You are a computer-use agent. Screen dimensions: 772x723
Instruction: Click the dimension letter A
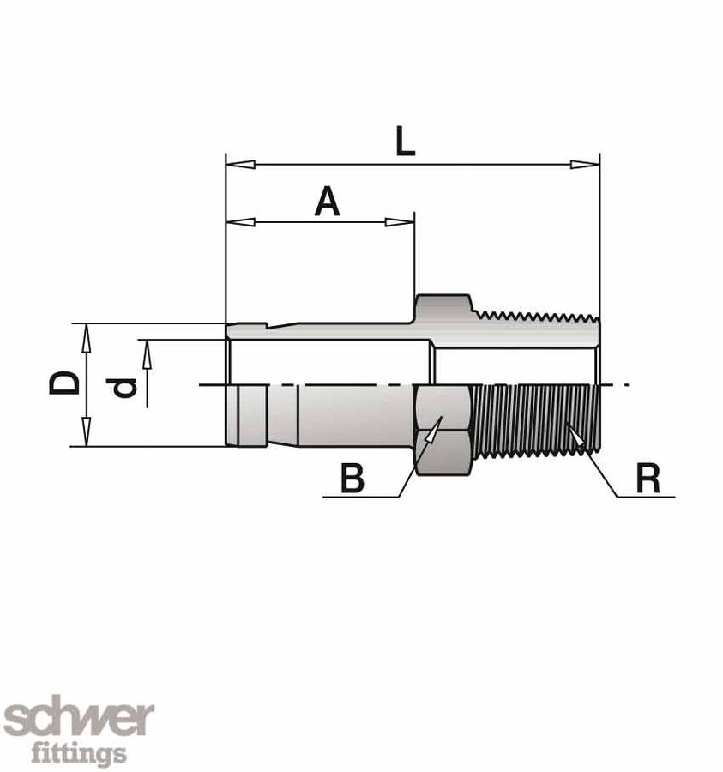pos(327,202)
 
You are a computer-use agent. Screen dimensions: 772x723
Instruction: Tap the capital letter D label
pos(64,383)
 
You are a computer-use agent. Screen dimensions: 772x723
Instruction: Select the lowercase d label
pos(125,388)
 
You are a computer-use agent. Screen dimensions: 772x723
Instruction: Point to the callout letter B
pos(352,479)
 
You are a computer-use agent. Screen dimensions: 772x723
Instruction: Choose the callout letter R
pos(648,479)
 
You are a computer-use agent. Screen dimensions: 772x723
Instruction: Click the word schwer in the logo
pos(78,719)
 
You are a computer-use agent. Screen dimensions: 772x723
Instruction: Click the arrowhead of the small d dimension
pos(148,352)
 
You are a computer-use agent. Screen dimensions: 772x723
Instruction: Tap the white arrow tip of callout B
pos(432,428)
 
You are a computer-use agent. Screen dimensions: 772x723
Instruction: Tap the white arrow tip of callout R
pos(576,434)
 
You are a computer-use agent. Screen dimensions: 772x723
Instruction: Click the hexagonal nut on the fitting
pos(442,425)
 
